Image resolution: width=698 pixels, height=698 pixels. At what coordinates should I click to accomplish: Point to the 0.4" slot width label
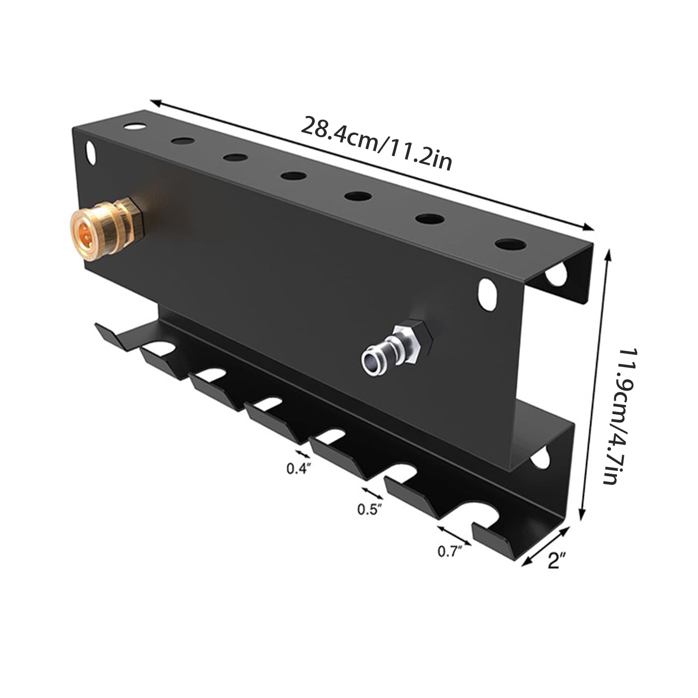(299, 468)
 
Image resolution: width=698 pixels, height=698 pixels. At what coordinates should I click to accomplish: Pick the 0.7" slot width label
(450, 552)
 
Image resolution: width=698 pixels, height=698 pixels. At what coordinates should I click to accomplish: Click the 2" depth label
(556, 560)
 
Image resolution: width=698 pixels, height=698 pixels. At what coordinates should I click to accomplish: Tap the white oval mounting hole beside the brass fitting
(90, 153)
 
